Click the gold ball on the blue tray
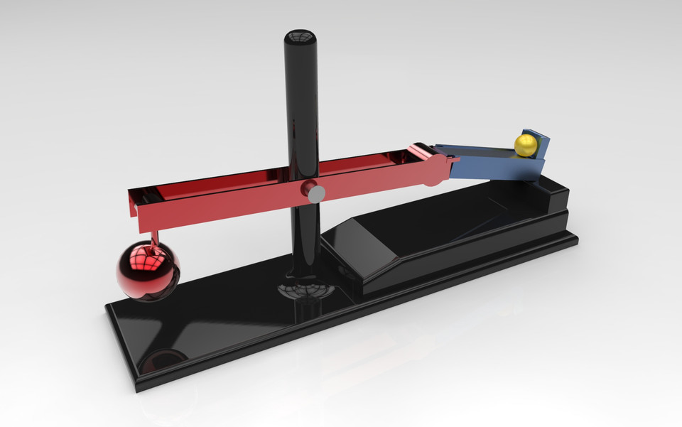pyautogui.click(x=526, y=146)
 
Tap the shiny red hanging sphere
pyautogui.click(x=148, y=271)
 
